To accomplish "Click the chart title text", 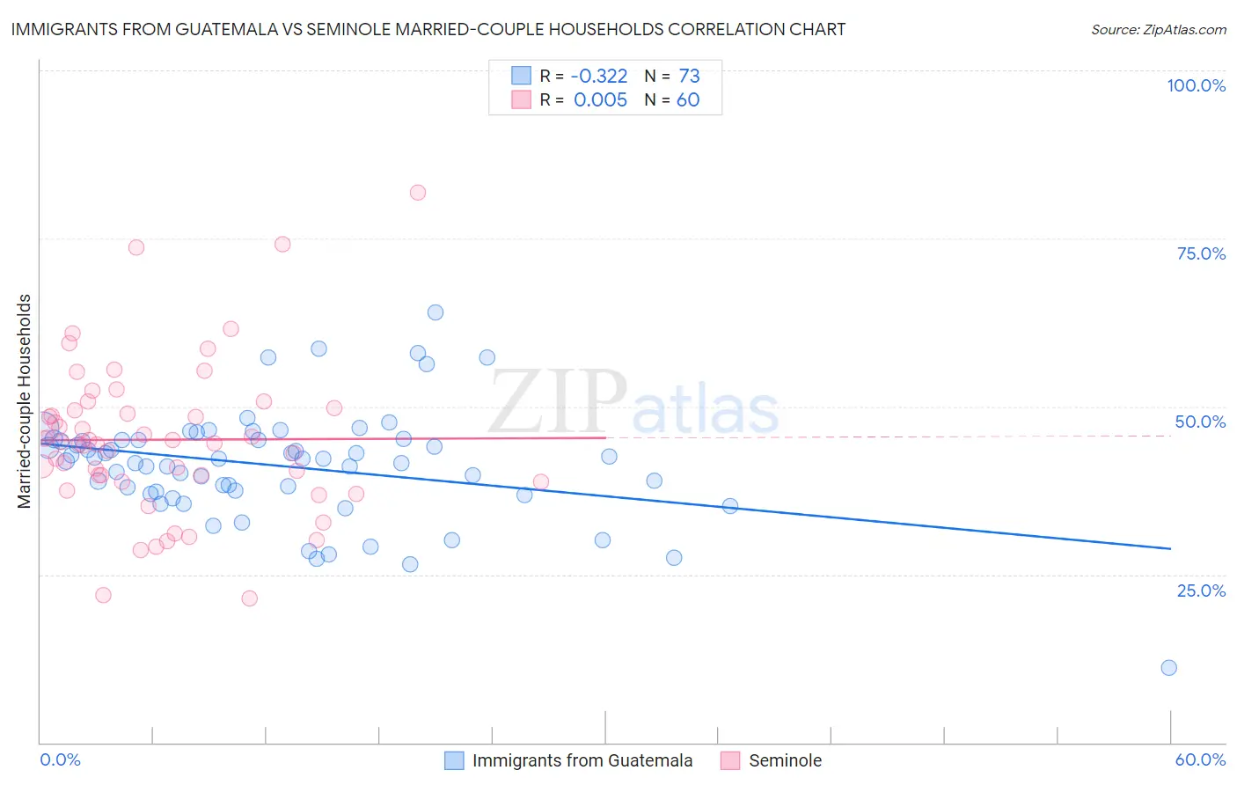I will pyautogui.click(x=428, y=29).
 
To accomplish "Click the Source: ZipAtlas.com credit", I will pyautogui.click(x=1158, y=29).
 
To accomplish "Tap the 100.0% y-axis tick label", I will pyautogui.click(x=1196, y=85).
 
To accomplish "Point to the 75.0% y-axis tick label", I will pyautogui.click(x=1201, y=253).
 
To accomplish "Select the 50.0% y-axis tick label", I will pyautogui.click(x=1200, y=422).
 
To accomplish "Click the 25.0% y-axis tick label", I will pyautogui.click(x=1201, y=590).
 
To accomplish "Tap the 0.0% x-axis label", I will pyautogui.click(x=60, y=759).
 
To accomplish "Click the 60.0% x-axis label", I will pyautogui.click(x=1200, y=759).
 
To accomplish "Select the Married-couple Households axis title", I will pyautogui.click(x=25, y=401).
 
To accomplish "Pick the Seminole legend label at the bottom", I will pyautogui.click(x=785, y=760).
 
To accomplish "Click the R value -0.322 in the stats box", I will pyautogui.click(x=600, y=77).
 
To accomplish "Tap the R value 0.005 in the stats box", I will pyautogui.click(x=600, y=100).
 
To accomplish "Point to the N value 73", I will pyautogui.click(x=689, y=77).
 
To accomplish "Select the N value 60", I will pyautogui.click(x=688, y=100).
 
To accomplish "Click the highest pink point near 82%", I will pyautogui.click(x=418, y=193).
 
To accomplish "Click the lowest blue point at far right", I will pyautogui.click(x=1168, y=667).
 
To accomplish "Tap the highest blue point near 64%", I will pyautogui.click(x=435, y=312).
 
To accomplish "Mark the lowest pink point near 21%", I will pyautogui.click(x=249, y=598).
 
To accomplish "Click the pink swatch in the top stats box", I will pyautogui.click(x=522, y=100).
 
